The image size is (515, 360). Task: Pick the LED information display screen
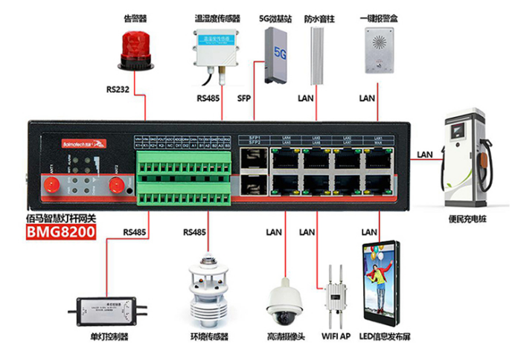pos(380,283)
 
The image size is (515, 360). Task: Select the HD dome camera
pos(285,299)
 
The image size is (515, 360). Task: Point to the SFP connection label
pos(245,98)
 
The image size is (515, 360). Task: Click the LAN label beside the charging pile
pos(425,155)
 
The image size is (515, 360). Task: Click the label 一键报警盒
pos(376,17)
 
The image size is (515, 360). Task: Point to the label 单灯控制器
pos(109,339)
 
